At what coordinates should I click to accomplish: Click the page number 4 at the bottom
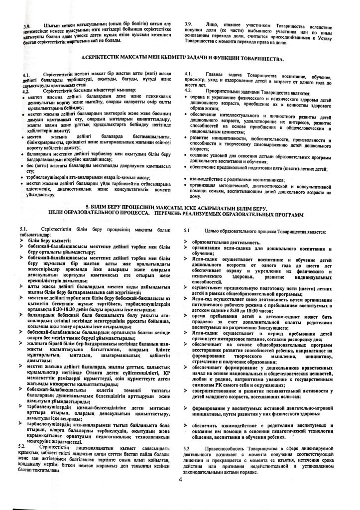pos(180,479)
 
